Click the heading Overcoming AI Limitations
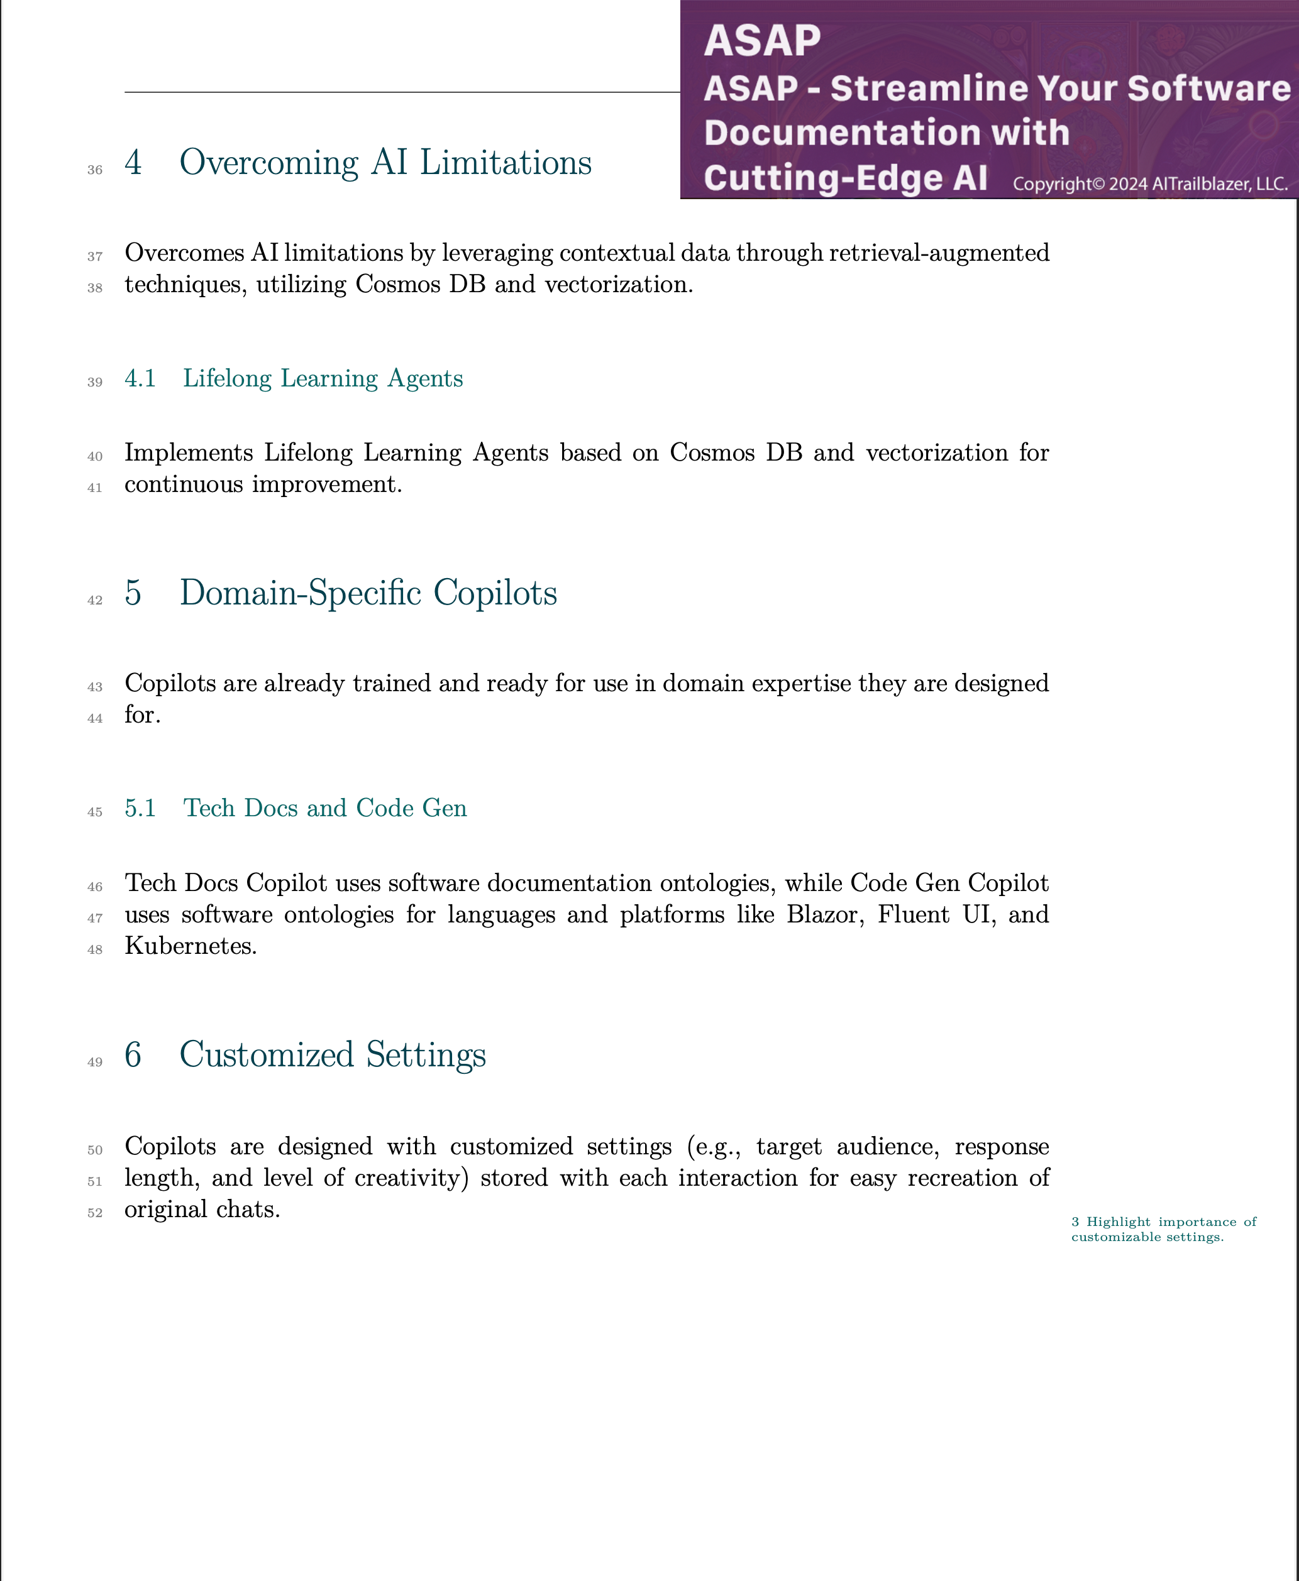(x=385, y=163)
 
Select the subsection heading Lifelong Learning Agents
(x=323, y=378)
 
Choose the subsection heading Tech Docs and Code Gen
(x=324, y=809)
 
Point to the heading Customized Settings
(x=332, y=1055)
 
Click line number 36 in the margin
(x=95, y=170)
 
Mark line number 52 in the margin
(x=95, y=1213)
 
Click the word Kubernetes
(x=189, y=946)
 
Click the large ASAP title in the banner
(x=762, y=40)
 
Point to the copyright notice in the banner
(x=1150, y=184)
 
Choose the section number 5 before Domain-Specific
(x=133, y=593)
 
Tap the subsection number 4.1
(x=140, y=378)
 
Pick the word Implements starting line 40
(x=188, y=452)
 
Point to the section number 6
(x=133, y=1055)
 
